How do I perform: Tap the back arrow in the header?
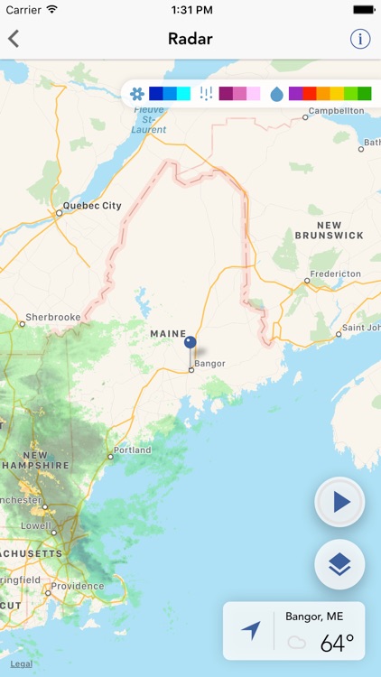pyautogui.click(x=14, y=39)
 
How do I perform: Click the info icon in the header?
pyautogui.click(x=360, y=39)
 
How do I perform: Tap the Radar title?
pyautogui.click(x=190, y=39)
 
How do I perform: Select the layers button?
pyautogui.click(x=339, y=565)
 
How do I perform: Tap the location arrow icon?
pyautogui.click(x=250, y=630)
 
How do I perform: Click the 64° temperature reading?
pyautogui.click(x=337, y=644)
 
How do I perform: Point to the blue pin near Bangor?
pyautogui.click(x=190, y=343)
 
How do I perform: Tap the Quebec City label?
pyautogui.click(x=92, y=206)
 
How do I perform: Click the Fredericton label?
pyautogui.click(x=335, y=274)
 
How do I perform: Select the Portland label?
pyautogui.click(x=133, y=450)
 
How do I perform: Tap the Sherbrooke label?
pyautogui.click(x=52, y=317)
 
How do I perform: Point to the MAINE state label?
pyautogui.click(x=168, y=334)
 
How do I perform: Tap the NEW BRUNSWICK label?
pyautogui.click(x=330, y=230)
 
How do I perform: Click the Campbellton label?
pyautogui.click(x=336, y=110)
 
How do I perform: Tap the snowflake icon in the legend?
pyautogui.click(x=137, y=94)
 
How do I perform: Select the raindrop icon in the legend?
pyautogui.click(x=276, y=94)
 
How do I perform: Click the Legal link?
pyautogui.click(x=21, y=663)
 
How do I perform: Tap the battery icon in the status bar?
pyautogui.click(x=363, y=9)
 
